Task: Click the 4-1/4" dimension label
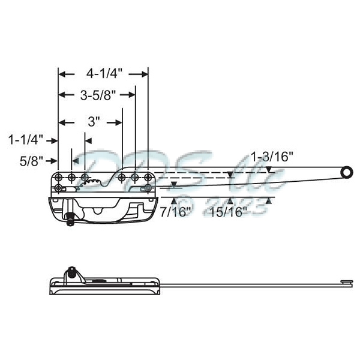[x=104, y=74]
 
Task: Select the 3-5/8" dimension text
[x=98, y=94]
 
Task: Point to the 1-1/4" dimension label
[x=26, y=140]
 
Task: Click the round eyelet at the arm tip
[x=346, y=173]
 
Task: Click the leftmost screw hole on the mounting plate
[x=59, y=178]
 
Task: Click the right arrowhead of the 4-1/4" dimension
[x=144, y=74]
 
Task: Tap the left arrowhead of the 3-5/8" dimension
[x=62, y=94]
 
